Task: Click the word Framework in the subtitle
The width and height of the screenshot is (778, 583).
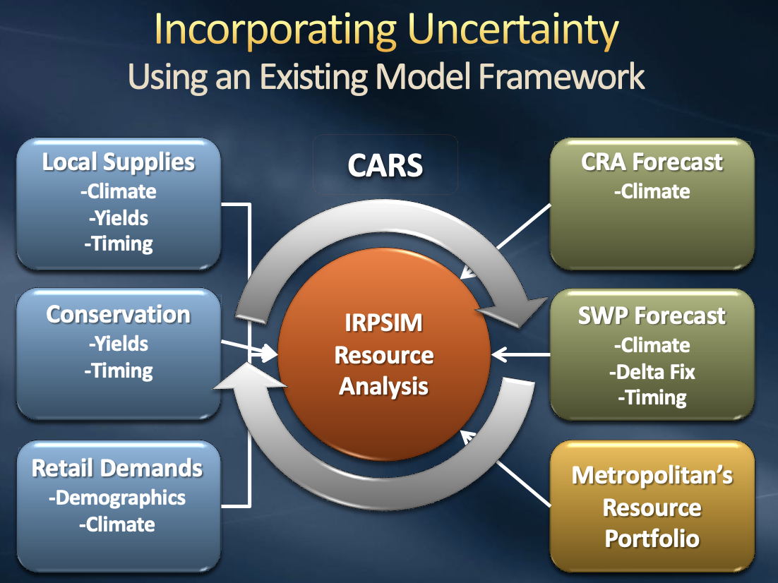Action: tap(562, 78)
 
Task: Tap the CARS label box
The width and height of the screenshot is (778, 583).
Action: tap(385, 164)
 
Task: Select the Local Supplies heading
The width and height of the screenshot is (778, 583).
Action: tap(119, 162)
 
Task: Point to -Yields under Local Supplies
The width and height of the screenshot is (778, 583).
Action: tap(119, 218)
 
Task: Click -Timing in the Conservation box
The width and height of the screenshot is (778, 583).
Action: tap(119, 371)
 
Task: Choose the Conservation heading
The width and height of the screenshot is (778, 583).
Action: tap(118, 315)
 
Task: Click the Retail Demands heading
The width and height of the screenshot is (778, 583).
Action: tap(117, 469)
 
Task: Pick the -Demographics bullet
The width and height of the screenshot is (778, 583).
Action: tap(117, 498)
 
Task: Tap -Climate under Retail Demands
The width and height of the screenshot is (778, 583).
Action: tap(117, 524)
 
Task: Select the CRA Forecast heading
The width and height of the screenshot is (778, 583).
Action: tap(652, 162)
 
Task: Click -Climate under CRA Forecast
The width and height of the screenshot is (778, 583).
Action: tap(652, 191)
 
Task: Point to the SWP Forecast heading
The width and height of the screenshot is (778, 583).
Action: tap(652, 315)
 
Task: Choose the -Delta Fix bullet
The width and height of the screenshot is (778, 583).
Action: tap(652, 372)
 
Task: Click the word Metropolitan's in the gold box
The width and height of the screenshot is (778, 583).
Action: tap(652, 475)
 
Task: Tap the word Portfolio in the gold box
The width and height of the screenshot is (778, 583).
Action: tap(652, 539)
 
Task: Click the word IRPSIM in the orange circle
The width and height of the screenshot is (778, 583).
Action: tap(383, 323)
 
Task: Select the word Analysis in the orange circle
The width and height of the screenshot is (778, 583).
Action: tap(383, 387)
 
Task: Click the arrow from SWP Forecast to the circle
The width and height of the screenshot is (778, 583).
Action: tap(521, 354)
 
